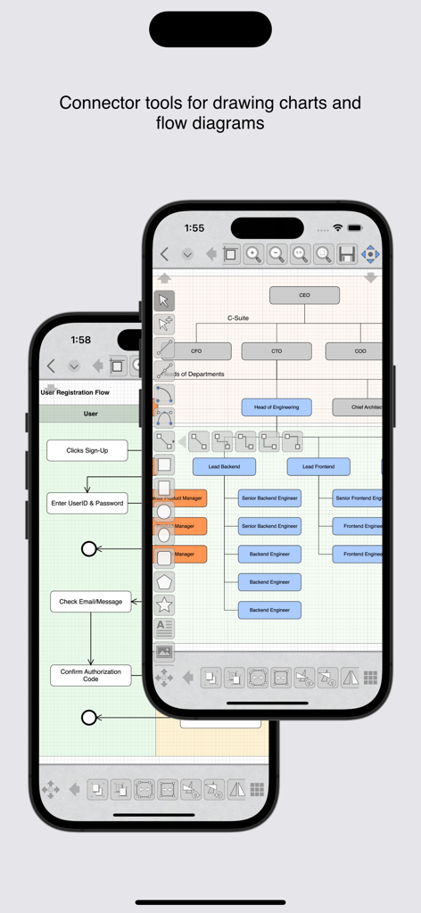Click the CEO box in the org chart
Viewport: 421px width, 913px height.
click(x=304, y=295)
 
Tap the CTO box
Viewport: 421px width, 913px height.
click(x=277, y=351)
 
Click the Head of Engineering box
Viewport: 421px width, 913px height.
click(x=277, y=407)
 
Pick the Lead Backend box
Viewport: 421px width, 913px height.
click(x=224, y=466)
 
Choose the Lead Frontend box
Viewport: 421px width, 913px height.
click(x=318, y=466)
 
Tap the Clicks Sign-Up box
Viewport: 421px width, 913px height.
click(x=87, y=450)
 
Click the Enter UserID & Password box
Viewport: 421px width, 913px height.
click(x=87, y=503)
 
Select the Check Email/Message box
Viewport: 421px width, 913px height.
click(x=90, y=601)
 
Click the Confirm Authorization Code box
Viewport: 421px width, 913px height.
click(x=90, y=675)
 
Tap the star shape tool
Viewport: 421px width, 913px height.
click(x=164, y=605)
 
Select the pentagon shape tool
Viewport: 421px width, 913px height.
click(x=164, y=581)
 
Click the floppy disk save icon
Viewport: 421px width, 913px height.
click(x=347, y=254)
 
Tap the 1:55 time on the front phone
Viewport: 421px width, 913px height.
click(x=194, y=228)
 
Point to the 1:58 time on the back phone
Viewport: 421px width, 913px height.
click(x=80, y=340)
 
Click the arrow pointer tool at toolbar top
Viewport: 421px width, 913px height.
click(x=164, y=300)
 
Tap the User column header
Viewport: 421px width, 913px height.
click(x=90, y=414)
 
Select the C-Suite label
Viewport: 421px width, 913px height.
click(x=238, y=317)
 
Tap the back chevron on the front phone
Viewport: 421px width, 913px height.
click(x=165, y=254)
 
